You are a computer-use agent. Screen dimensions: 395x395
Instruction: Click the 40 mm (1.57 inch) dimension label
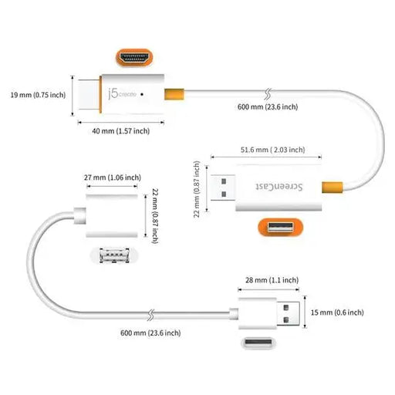116,131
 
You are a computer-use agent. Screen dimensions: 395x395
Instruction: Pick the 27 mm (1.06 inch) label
113,177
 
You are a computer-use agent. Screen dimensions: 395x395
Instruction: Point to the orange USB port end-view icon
279,228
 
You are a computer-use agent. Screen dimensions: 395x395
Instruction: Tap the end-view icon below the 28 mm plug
266,344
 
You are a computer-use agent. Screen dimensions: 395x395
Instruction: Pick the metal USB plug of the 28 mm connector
289,312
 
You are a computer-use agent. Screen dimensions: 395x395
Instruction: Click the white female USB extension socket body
113,222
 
